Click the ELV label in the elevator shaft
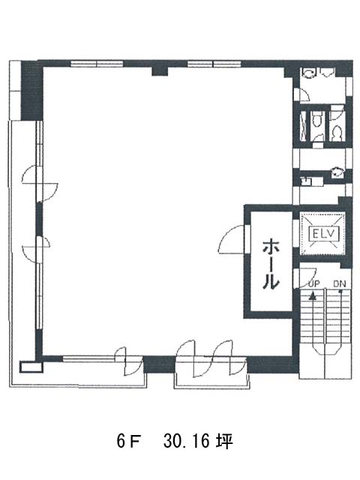(x=325, y=234)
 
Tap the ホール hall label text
(x=271, y=264)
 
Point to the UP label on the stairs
(x=313, y=283)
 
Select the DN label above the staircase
(x=340, y=284)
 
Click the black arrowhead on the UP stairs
(x=312, y=295)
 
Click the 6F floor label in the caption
(x=128, y=441)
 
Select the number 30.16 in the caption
(x=187, y=441)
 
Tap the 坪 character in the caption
(x=225, y=441)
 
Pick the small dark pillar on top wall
(x=160, y=71)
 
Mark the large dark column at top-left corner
(x=31, y=90)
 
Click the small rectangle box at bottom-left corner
(x=31, y=367)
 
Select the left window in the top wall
(x=97, y=64)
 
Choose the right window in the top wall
(x=214, y=64)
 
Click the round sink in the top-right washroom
(x=307, y=73)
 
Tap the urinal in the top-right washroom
(x=327, y=72)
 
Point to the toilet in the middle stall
(x=316, y=118)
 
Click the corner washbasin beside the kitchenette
(x=337, y=172)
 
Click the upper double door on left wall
(x=40, y=183)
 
